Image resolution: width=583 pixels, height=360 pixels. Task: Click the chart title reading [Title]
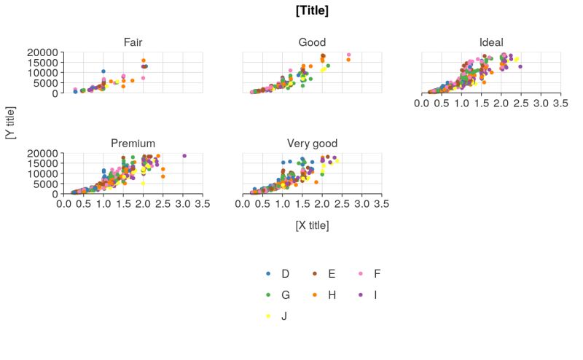click(x=312, y=10)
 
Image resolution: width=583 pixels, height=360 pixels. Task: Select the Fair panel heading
click(x=133, y=42)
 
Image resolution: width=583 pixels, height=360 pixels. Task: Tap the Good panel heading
click(x=312, y=42)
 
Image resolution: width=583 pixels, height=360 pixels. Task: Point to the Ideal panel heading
click(x=491, y=42)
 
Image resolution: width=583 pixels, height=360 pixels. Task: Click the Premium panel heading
click(x=133, y=143)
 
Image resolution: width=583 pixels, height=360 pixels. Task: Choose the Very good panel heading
click(x=312, y=143)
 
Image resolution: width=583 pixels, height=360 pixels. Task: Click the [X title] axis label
click(x=312, y=225)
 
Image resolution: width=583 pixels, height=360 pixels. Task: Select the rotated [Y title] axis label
click(x=10, y=123)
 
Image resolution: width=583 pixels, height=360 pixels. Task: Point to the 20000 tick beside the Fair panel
click(x=42, y=52)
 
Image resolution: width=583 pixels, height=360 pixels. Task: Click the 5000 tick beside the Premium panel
click(x=44, y=184)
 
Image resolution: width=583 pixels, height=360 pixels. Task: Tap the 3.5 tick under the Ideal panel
click(x=560, y=104)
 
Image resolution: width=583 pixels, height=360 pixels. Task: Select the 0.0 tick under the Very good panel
click(x=243, y=204)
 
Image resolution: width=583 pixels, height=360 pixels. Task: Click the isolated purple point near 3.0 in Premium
click(x=184, y=155)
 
